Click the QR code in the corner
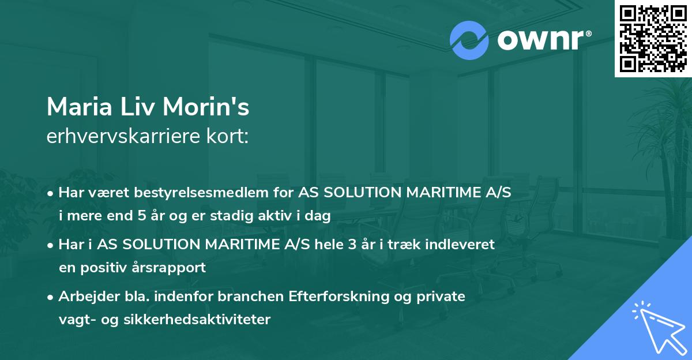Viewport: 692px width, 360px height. [x=653, y=38]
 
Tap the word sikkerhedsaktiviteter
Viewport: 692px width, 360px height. [x=197, y=320]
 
